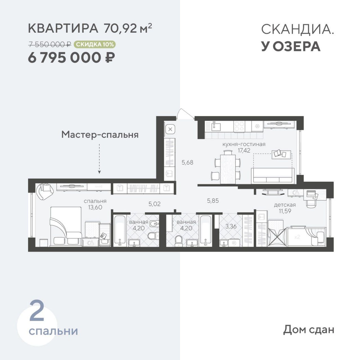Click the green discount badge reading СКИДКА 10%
(95, 44)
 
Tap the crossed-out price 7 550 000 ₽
(50, 44)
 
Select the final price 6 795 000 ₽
(71, 58)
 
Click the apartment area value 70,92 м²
(127, 28)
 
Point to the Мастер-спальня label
(100, 134)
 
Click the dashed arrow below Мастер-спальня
(99, 159)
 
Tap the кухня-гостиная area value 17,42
(244, 150)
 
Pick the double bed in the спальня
(66, 226)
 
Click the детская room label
(285, 205)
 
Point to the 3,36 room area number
(231, 226)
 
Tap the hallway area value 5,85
(213, 201)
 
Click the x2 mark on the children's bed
(297, 237)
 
